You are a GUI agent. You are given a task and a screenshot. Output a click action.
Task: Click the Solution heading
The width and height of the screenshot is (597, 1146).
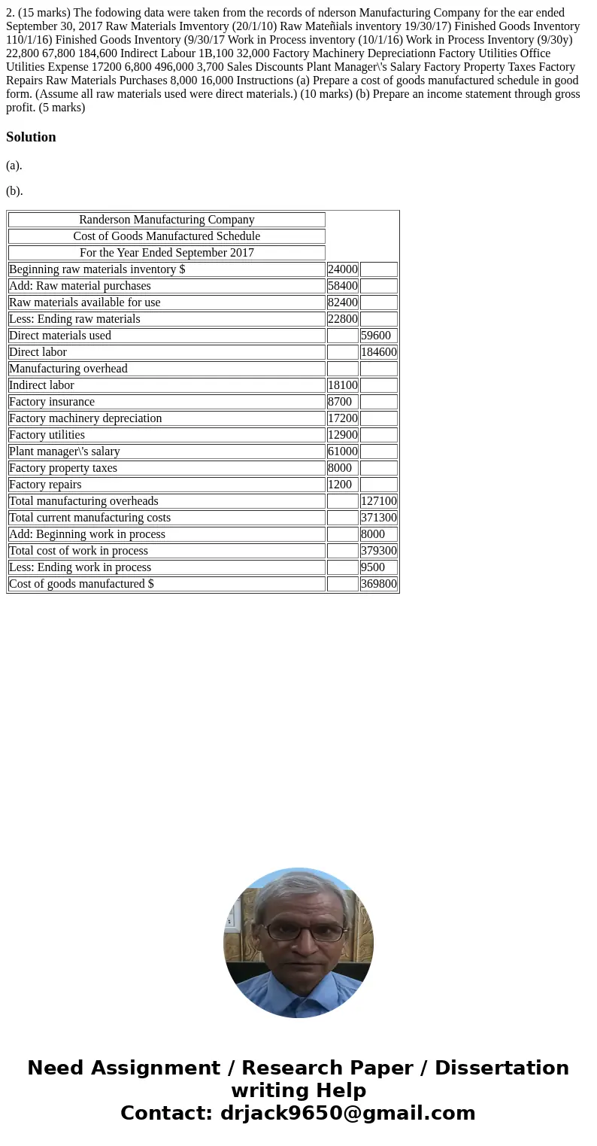[x=31, y=137]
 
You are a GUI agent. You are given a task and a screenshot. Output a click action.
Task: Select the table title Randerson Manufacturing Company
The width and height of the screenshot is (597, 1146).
[x=166, y=220]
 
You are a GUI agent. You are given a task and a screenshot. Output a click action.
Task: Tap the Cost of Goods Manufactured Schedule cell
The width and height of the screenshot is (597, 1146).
[x=166, y=236]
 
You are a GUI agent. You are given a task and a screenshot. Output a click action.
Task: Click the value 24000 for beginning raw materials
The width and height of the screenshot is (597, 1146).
[x=342, y=269]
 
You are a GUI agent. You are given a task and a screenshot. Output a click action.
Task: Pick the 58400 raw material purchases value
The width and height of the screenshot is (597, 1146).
[x=342, y=286]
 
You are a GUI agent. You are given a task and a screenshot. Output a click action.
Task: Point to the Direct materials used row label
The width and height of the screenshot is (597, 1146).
[x=60, y=336]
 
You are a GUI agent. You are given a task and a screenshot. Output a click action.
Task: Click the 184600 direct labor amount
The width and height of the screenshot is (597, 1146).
[x=378, y=352]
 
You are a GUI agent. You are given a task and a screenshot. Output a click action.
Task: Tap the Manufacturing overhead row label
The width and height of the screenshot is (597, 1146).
[x=68, y=369]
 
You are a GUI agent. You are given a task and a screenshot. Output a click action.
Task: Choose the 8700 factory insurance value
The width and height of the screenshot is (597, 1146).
[x=340, y=402]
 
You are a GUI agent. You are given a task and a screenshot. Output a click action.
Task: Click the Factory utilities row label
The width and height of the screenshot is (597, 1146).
[x=47, y=435]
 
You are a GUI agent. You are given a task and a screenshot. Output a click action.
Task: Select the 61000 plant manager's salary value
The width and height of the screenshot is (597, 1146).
[x=342, y=451]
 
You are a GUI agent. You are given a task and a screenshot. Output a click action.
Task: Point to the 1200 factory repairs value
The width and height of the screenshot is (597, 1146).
[x=340, y=485]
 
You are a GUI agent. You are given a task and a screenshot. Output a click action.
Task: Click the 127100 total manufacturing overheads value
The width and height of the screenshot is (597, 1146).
[x=378, y=501]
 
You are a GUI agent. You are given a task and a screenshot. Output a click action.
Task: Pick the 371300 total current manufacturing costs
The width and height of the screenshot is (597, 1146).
[x=378, y=518]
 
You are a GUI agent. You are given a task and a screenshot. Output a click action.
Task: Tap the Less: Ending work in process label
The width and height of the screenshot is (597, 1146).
[x=80, y=567]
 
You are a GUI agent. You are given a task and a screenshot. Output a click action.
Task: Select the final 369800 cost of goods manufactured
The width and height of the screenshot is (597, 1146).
[x=378, y=584]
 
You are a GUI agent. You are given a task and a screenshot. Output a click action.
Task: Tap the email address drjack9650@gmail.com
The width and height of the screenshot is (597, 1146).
[x=347, y=1113]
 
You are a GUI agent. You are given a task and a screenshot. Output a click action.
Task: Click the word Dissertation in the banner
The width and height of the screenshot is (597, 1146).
[x=502, y=1068]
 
